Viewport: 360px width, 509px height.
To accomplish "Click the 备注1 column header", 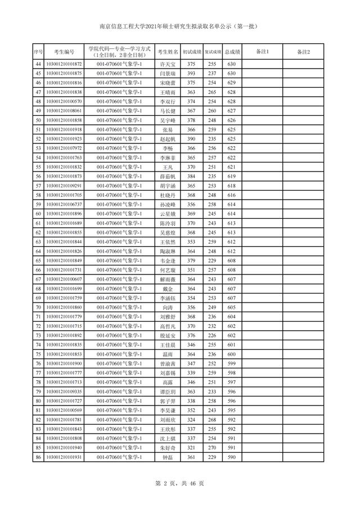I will click(x=262, y=52).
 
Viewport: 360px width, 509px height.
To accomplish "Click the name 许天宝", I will click(x=168, y=65).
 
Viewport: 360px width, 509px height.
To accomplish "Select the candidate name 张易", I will click(x=168, y=129).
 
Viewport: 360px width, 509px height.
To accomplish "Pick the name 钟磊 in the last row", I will click(x=168, y=457).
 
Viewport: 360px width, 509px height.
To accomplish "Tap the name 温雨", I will click(x=168, y=354).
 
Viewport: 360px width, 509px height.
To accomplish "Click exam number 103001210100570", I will click(x=63, y=102).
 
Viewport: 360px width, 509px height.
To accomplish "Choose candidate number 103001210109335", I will click(x=63, y=391).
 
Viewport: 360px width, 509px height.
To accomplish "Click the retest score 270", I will click(x=211, y=448).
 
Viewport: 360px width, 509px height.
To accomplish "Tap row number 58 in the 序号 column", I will click(x=38, y=195).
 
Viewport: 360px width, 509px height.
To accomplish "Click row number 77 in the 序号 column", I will click(x=38, y=373).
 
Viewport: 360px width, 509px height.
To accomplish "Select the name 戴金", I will click(x=168, y=289).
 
